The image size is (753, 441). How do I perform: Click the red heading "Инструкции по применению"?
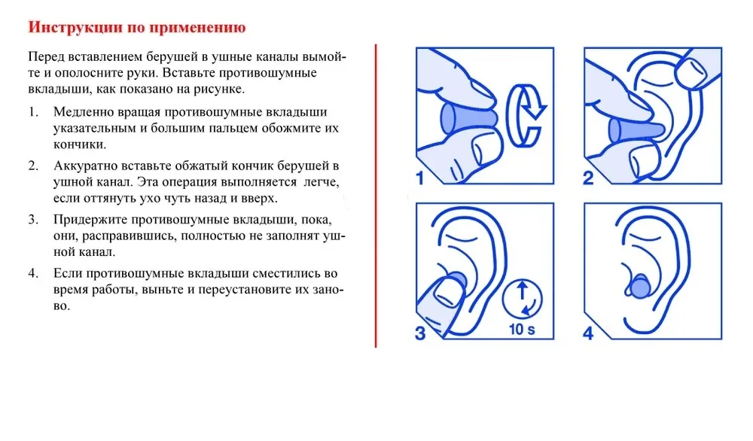pos(137,29)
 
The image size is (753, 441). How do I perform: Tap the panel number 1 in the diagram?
pos(420,178)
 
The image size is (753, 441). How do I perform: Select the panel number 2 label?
pos(588,178)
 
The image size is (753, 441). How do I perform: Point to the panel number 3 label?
pos(420,332)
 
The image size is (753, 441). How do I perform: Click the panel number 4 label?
pos(588,332)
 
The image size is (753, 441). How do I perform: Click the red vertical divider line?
pos(376,196)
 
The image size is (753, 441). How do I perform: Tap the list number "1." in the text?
pos(33,112)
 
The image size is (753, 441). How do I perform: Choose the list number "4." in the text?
pos(33,273)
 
